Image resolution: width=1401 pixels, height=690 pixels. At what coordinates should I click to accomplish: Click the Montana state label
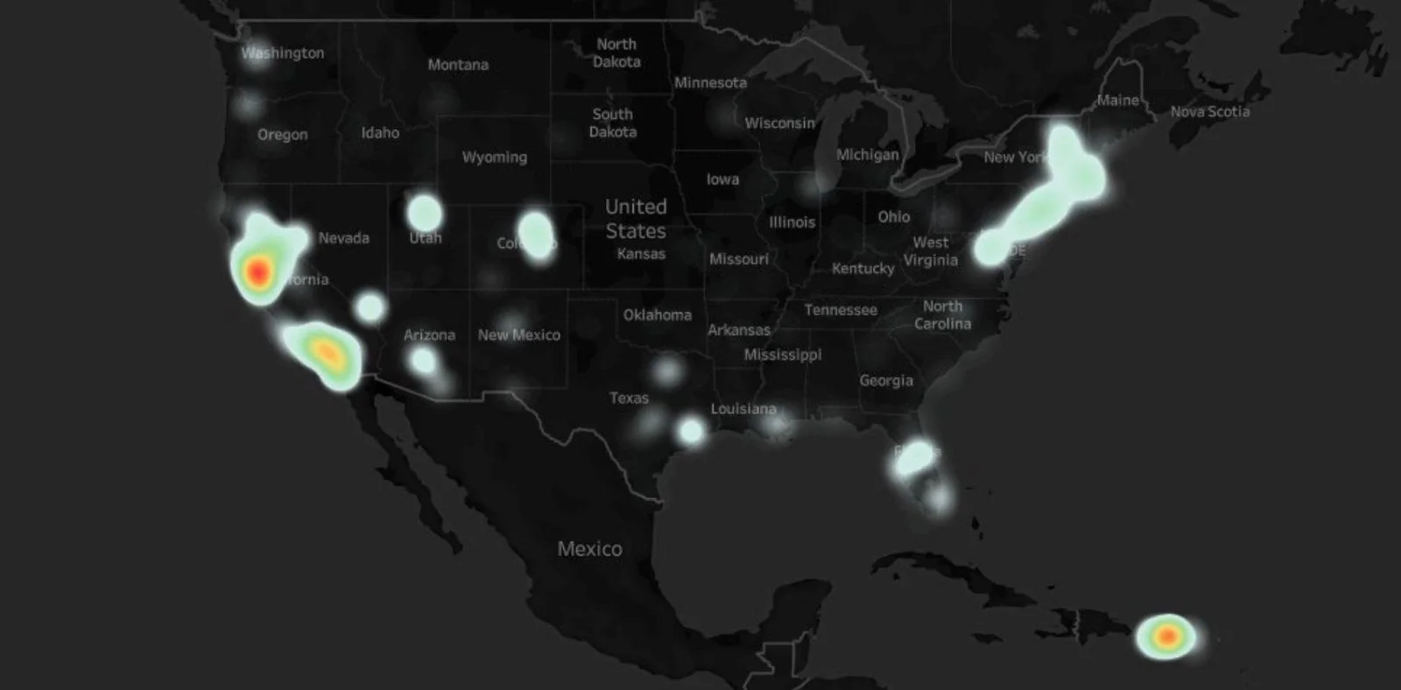point(458,65)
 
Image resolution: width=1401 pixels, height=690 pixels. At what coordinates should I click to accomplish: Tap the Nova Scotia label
point(1210,112)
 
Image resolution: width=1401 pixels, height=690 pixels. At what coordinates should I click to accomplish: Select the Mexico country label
point(589,549)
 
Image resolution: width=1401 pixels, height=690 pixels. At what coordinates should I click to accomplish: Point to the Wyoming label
point(495,158)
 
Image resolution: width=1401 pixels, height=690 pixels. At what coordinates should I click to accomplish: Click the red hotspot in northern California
point(257,272)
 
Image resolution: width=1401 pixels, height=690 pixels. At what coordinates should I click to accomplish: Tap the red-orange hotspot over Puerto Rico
point(1166,636)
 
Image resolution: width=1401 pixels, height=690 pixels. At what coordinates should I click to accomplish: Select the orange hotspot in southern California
point(327,352)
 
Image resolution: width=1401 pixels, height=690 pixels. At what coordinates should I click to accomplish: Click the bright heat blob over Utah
point(425,213)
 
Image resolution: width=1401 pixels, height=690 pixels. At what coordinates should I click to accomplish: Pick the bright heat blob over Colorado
point(536,234)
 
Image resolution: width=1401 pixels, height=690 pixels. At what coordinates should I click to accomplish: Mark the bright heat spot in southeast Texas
point(691,431)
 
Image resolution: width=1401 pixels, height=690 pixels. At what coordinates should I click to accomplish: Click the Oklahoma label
point(657,315)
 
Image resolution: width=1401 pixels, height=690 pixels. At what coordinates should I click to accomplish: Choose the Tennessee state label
point(841,310)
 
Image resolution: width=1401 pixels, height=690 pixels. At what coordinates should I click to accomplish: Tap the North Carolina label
point(942,315)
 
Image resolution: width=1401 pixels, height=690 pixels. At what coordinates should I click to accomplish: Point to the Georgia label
point(886,381)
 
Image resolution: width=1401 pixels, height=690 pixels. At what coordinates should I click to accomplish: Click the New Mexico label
point(518,335)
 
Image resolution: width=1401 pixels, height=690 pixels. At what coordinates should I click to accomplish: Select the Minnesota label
point(710,83)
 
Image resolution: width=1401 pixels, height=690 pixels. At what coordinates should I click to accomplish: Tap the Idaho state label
point(380,133)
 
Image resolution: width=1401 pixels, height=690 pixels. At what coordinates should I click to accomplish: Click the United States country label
point(636,219)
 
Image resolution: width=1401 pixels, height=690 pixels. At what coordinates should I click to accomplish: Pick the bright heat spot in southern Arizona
point(423,360)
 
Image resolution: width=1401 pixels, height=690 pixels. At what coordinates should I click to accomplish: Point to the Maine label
point(1118,101)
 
